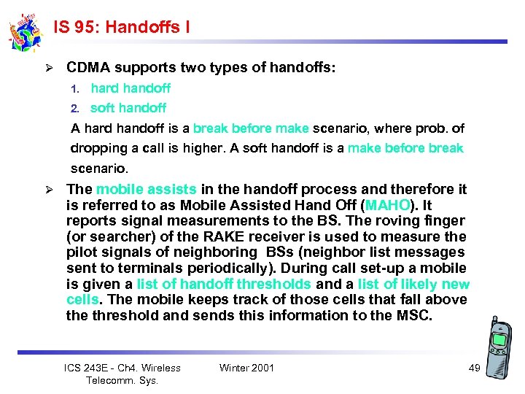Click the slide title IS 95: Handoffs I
(122, 27)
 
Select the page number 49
(474, 368)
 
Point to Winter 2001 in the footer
(246, 368)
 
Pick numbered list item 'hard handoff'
(131, 88)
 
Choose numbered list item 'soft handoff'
(128, 108)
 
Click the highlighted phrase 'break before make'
(252, 128)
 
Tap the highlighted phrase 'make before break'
(405, 148)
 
